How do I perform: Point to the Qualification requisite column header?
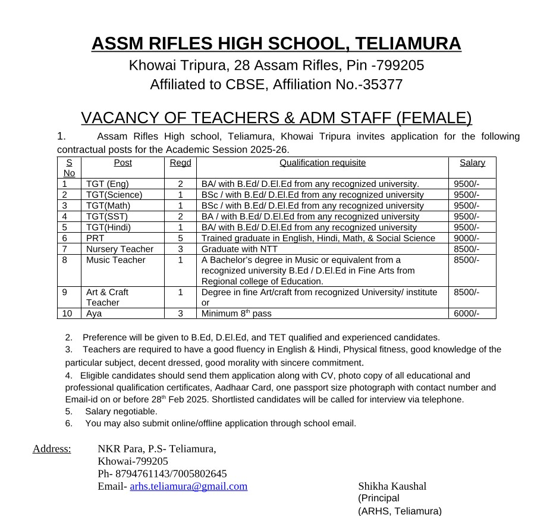322,162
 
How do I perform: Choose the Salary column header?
472,162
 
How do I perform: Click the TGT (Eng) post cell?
108,184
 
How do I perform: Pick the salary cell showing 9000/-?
466,238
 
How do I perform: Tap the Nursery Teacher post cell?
120,249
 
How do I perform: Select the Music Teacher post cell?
115,260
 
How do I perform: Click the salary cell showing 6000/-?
466,314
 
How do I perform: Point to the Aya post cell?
94,314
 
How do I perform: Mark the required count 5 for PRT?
180,238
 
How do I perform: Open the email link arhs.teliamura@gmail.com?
188,486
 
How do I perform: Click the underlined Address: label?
52,449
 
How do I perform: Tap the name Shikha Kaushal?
392,486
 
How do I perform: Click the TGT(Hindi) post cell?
108,227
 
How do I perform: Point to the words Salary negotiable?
121,411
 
